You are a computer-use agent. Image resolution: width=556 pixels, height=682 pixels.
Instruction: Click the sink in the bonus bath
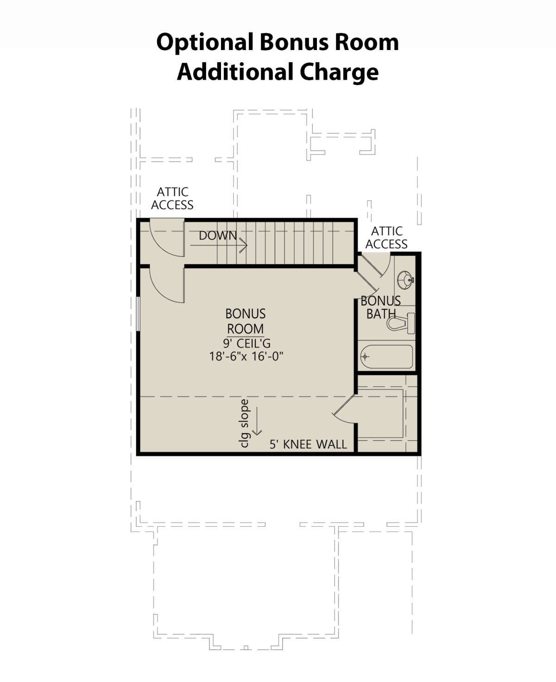point(405,280)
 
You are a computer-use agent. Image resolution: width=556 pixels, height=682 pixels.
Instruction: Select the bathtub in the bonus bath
point(386,357)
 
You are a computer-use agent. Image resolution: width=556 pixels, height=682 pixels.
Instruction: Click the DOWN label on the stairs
point(218,235)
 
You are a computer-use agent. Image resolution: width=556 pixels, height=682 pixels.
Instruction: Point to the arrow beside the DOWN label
point(219,246)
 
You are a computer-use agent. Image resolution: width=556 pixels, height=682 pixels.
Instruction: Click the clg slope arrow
point(257,421)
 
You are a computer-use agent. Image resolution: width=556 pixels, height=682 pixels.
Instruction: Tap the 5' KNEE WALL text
point(308,444)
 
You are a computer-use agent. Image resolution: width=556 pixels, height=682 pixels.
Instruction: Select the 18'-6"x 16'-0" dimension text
point(246,356)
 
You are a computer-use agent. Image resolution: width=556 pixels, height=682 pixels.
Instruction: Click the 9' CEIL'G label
point(246,343)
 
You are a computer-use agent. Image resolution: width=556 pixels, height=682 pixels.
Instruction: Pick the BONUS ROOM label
point(246,321)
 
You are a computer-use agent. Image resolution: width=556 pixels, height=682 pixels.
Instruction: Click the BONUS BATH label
point(381,307)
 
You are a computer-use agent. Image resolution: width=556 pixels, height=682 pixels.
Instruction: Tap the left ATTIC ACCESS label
point(172,198)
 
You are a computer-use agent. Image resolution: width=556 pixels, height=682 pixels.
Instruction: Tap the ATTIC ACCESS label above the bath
point(386,238)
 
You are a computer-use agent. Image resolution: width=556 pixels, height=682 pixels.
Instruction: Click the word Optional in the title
point(205,42)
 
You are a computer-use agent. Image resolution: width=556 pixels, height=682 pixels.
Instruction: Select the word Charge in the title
point(339,72)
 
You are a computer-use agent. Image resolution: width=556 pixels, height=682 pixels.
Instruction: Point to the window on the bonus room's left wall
point(138,314)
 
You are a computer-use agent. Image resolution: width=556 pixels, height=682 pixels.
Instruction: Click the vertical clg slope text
point(245,423)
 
